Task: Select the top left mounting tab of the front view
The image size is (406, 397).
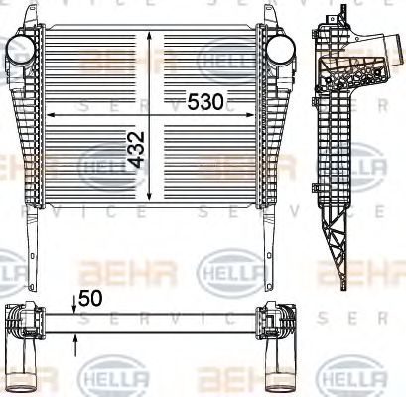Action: [34, 14]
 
